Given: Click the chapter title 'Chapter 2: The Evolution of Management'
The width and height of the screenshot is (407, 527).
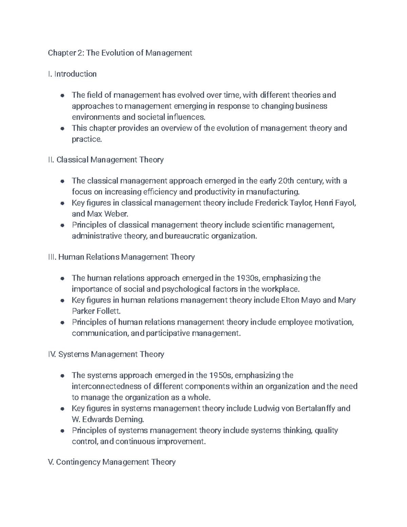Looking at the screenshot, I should coord(120,53).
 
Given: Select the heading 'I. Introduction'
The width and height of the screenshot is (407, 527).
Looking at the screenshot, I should coord(72,74).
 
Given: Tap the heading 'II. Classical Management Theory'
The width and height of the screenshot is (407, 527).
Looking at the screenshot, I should coord(106,159).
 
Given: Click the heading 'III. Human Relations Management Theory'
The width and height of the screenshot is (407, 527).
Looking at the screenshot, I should coord(121,257).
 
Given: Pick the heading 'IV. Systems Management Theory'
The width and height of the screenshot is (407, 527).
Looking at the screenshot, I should coord(106,354).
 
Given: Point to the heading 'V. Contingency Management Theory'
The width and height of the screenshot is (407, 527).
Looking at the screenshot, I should coord(112,462).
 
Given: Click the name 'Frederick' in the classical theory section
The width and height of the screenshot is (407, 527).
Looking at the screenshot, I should coord(270,203).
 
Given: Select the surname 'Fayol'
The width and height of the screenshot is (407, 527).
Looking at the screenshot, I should coord(345,203).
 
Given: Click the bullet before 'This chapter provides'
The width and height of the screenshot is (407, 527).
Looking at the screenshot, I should coord(62,129).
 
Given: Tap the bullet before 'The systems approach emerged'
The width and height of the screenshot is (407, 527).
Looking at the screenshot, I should coord(62,376).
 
